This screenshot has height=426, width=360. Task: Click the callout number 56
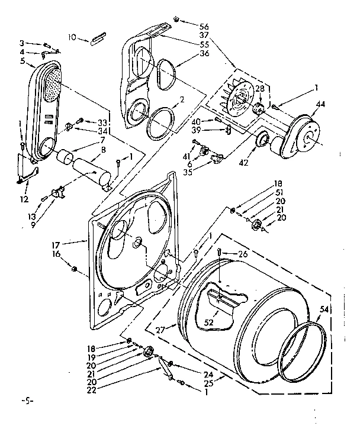point(204,27)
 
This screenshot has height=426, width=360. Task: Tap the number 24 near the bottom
point(208,374)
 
